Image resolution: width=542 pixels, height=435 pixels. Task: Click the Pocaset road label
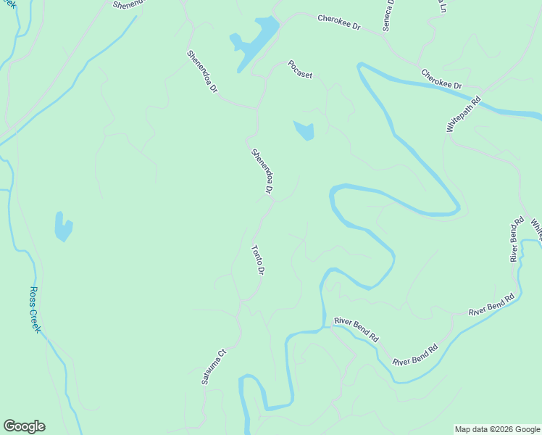click(300, 69)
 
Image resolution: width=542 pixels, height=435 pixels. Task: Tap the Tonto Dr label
click(257, 260)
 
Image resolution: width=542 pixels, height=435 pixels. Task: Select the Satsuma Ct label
click(214, 366)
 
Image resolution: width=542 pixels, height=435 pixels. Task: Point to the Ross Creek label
click(36, 310)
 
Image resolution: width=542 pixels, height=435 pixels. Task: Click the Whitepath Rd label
click(464, 115)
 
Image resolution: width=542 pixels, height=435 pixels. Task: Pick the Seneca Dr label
click(388, 14)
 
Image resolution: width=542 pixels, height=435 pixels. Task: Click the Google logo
click(24, 426)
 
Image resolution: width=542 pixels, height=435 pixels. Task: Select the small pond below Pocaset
click(304, 130)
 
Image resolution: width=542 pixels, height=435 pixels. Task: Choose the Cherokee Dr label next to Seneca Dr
click(338, 22)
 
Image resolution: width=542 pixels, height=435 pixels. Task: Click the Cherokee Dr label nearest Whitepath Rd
click(441, 79)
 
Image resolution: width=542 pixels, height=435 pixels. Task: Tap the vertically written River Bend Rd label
click(516, 239)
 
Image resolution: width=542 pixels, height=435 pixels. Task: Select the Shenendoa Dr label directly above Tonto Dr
click(262, 171)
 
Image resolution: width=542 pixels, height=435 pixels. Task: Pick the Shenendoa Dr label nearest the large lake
click(202, 70)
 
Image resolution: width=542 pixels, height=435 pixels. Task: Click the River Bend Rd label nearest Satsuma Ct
click(356, 328)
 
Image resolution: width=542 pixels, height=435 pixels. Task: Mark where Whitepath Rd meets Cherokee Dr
click(485, 94)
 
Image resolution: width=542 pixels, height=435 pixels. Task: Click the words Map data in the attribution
click(472, 429)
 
